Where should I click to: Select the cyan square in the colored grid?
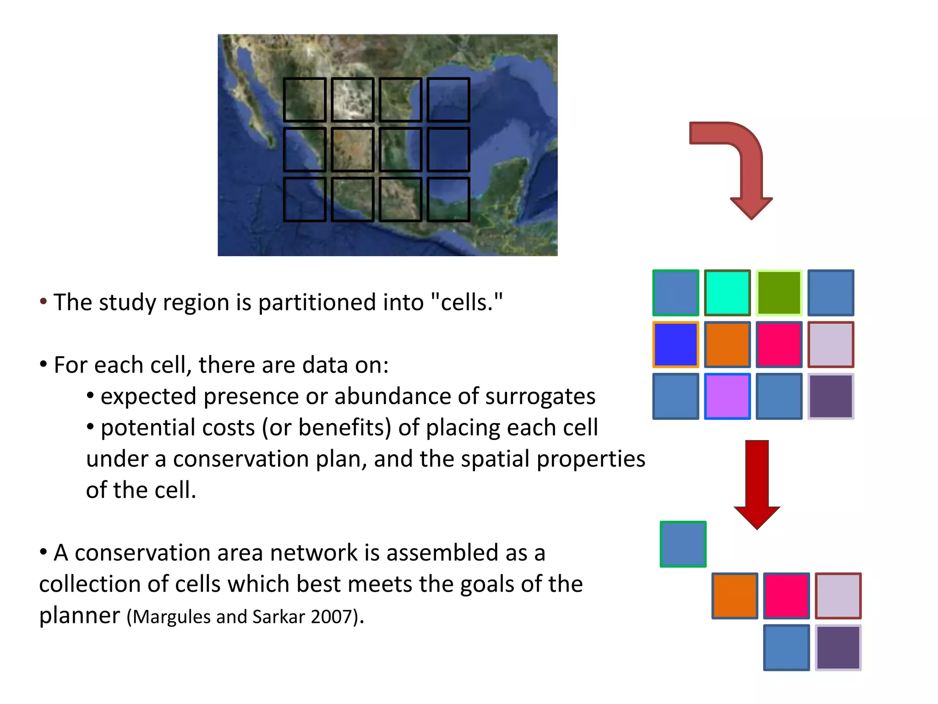tap(727, 293)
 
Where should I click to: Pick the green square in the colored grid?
tap(779, 293)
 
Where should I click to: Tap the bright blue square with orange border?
tap(676, 345)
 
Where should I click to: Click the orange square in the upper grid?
tap(727, 345)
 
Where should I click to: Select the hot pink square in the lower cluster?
tap(786, 596)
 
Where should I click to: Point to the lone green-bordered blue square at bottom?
tap(683, 544)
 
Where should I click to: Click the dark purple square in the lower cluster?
tap(838, 648)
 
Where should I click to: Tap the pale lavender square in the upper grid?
tap(830, 345)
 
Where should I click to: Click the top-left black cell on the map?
tap(305, 99)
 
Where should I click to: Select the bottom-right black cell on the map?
tap(448, 199)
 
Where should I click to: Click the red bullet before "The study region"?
tap(44, 302)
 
